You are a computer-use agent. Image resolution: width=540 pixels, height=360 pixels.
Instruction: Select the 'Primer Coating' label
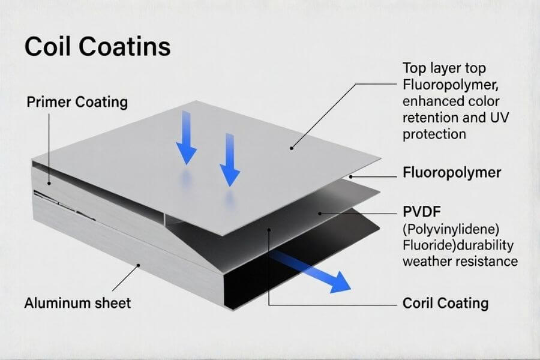[77, 102]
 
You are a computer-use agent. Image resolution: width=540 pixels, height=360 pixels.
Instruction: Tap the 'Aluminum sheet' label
[77, 303]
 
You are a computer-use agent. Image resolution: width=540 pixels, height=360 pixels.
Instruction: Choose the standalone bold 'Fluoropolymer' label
[451, 173]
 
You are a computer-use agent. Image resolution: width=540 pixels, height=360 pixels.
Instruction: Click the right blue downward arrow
[229, 159]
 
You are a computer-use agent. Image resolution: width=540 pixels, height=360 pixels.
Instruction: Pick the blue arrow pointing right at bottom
[312, 270]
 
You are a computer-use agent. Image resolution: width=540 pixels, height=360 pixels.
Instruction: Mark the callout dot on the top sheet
[292, 147]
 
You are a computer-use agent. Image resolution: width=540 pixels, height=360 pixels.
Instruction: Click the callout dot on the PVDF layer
[321, 213]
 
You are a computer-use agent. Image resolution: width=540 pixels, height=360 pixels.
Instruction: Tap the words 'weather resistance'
[460, 262]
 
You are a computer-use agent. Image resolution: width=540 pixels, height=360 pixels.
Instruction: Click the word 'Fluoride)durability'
[459, 246]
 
